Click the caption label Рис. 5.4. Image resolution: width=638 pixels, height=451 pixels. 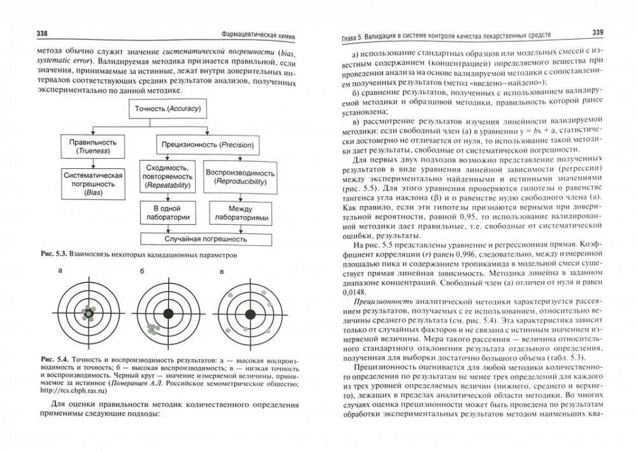click(50, 361)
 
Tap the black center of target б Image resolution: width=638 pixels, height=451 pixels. click(169, 313)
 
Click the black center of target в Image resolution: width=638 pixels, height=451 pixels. click(250, 313)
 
